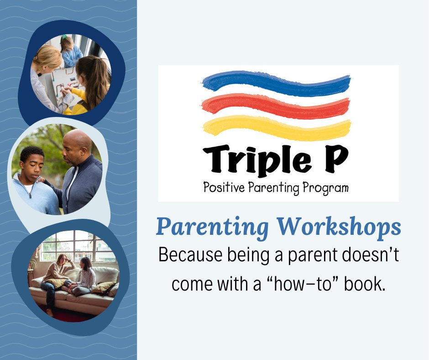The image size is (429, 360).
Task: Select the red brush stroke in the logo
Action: (276, 105)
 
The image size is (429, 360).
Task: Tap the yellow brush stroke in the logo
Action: (276, 127)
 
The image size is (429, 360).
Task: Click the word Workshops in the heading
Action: (339, 227)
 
